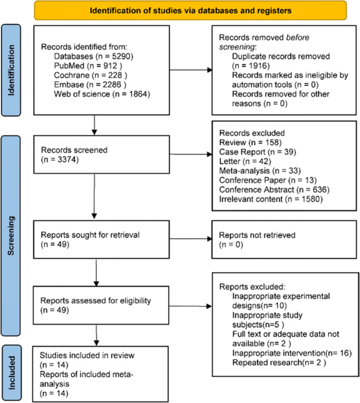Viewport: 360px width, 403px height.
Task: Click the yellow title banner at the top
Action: [x=190, y=11]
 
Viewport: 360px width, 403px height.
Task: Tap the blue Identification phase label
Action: [x=11, y=70]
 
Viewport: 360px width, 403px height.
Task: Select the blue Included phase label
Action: [x=12, y=372]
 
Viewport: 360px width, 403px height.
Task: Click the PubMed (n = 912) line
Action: [x=88, y=66]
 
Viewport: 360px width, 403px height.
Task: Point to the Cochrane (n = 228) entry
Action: [x=91, y=75]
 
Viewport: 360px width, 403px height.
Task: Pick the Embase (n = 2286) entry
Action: [x=90, y=84]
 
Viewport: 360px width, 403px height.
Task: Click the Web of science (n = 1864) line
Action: [x=102, y=94]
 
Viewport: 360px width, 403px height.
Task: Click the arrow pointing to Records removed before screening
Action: [x=191, y=70]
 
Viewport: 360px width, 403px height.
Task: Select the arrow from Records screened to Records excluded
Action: [x=191, y=154]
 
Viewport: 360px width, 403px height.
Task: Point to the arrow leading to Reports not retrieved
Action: [x=191, y=239]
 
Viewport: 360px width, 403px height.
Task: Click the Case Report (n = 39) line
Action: [x=258, y=152]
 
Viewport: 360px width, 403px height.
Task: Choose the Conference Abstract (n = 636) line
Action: [x=274, y=190]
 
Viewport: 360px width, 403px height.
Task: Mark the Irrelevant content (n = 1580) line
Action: [x=271, y=199]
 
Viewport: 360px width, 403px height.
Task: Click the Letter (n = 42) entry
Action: [x=245, y=161]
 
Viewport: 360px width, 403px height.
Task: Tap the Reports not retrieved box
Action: [x=284, y=239]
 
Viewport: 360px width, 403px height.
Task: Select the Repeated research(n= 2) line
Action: [x=279, y=363]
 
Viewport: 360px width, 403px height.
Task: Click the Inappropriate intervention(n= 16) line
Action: [x=292, y=353]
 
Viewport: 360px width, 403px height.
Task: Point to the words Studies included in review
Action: [x=87, y=356]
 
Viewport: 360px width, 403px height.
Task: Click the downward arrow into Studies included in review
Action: [x=96, y=335]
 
